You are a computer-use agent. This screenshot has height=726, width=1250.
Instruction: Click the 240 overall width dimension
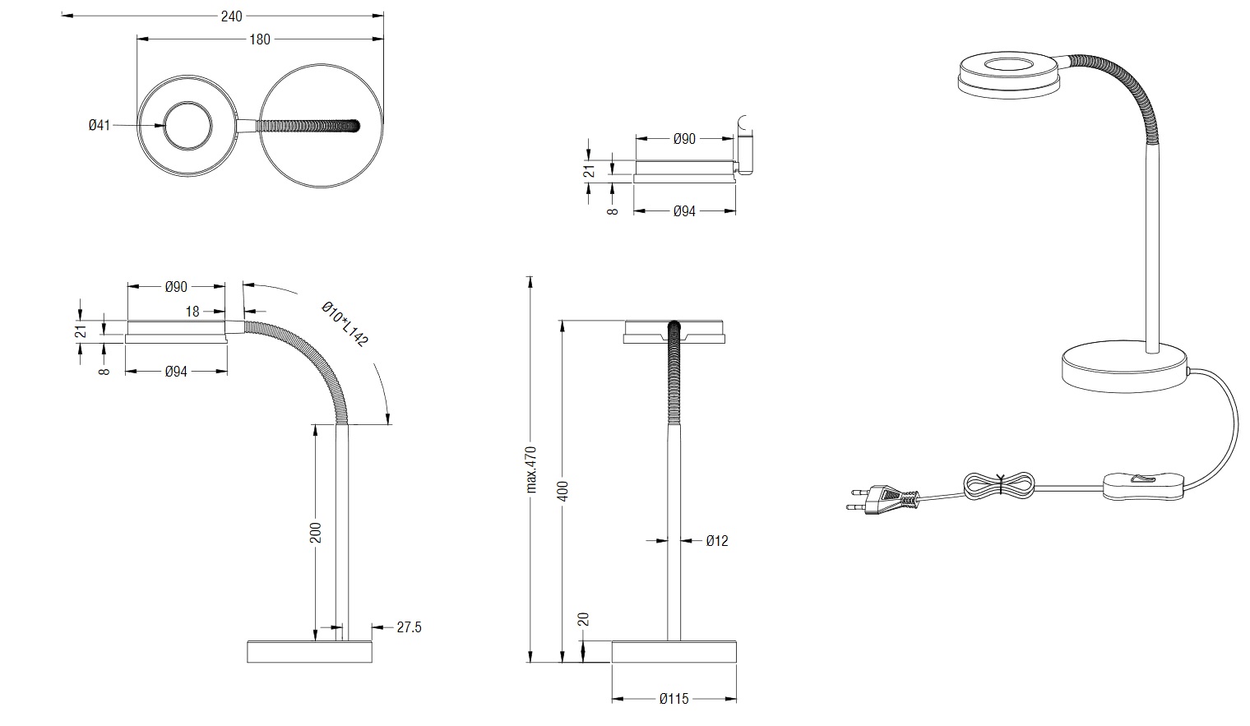click(232, 16)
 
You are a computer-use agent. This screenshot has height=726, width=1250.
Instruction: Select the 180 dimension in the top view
click(260, 39)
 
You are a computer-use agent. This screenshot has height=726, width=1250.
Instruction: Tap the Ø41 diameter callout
click(100, 126)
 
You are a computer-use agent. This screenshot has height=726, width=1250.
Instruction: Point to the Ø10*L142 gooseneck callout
click(345, 324)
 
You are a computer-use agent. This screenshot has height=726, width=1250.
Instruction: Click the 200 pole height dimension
click(316, 533)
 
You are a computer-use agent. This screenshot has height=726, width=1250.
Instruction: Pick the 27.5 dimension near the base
click(409, 627)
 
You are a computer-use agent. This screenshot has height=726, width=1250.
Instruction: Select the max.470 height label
click(530, 469)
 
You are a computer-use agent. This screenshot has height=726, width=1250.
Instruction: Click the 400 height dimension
click(563, 491)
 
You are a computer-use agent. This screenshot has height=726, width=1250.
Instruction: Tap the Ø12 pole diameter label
click(717, 541)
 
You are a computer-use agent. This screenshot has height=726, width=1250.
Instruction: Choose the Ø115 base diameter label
click(674, 699)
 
